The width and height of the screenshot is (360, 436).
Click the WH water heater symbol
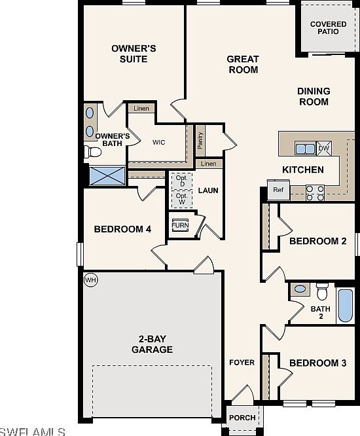click(90, 280)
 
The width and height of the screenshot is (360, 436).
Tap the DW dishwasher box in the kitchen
click(324, 148)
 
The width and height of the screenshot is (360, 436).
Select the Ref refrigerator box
click(278, 190)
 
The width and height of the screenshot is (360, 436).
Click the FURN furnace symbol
click(180, 225)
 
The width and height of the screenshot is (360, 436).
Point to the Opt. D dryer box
click(182, 181)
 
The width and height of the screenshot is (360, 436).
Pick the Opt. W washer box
click(182, 199)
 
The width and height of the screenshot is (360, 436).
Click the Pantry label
click(200, 140)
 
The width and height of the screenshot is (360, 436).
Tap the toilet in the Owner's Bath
click(93, 152)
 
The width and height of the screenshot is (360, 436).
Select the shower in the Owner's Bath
click(107, 175)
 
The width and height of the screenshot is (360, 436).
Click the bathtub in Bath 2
click(346, 305)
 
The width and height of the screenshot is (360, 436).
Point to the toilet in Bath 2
click(322, 291)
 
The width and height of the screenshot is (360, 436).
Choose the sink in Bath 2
click(300, 289)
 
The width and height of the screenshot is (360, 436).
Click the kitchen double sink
click(305, 149)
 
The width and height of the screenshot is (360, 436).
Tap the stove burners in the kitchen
click(315, 193)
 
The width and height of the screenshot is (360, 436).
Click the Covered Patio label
click(329, 27)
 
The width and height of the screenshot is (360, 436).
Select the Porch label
click(242, 418)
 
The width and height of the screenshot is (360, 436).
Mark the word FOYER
click(242, 362)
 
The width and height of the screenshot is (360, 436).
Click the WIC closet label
click(159, 142)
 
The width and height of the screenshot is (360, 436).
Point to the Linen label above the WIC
click(141, 109)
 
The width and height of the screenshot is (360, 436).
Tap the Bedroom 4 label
click(122, 229)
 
